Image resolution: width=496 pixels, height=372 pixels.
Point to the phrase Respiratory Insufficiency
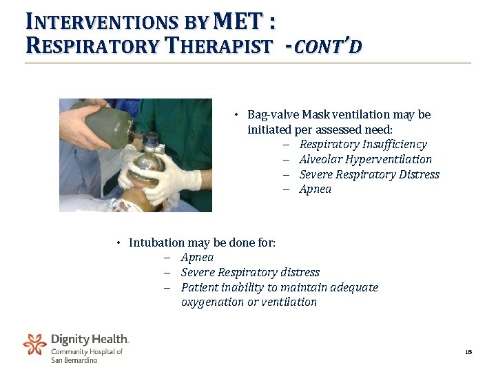click(363, 144)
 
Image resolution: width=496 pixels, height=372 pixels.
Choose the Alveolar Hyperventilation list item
click(366, 159)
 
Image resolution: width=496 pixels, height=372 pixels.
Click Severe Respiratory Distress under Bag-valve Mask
click(369, 174)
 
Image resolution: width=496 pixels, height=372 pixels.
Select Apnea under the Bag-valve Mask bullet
click(316, 189)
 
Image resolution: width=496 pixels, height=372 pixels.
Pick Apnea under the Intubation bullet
click(197, 257)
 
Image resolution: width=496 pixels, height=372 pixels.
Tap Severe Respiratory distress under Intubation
click(250, 272)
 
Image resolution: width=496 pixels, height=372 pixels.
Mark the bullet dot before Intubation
click(118, 242)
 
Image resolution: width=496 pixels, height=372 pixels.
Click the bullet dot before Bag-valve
click(236, 114)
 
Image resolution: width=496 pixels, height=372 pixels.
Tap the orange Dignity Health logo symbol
click(34, 344)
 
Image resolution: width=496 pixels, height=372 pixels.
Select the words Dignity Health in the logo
click(90, 339)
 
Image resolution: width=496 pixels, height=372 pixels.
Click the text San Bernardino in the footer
click(74, 360)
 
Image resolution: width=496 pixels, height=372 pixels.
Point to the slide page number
click(468, 352)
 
